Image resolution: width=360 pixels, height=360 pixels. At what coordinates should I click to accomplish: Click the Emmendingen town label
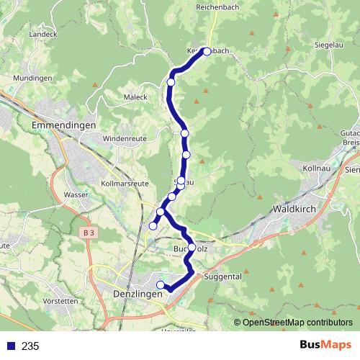point(64,125)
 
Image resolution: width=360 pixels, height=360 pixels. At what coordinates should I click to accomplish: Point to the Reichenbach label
point(217,6)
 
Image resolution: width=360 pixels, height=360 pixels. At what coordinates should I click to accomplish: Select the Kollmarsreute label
point(121,184)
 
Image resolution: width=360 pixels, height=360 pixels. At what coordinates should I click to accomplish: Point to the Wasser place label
point(76,194)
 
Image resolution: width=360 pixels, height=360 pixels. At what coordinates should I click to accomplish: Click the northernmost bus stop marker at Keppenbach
point(207,51)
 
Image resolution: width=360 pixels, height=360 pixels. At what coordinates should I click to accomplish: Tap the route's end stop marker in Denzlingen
point(161,285)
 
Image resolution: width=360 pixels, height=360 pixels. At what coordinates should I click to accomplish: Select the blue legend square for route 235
point(11,346)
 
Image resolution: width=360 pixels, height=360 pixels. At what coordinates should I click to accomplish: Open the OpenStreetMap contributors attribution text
point(297,323)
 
